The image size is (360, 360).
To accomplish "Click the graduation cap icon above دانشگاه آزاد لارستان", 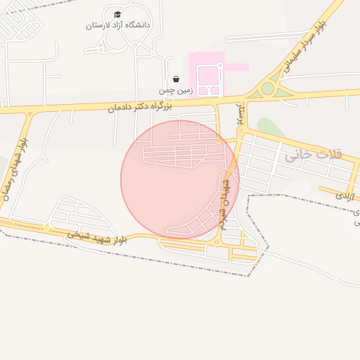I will point(117,15).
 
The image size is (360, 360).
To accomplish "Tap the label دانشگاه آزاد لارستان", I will point(117,25).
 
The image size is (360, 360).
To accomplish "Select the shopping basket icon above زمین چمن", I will point(176,79).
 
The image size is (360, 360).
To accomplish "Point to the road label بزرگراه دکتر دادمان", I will point(141,107).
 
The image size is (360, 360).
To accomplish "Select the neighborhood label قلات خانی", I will point(313,155).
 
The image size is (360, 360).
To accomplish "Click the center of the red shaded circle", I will point(180,179).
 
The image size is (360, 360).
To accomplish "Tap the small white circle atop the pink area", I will point(220,65).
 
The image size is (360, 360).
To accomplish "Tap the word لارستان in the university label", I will point(98,25).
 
